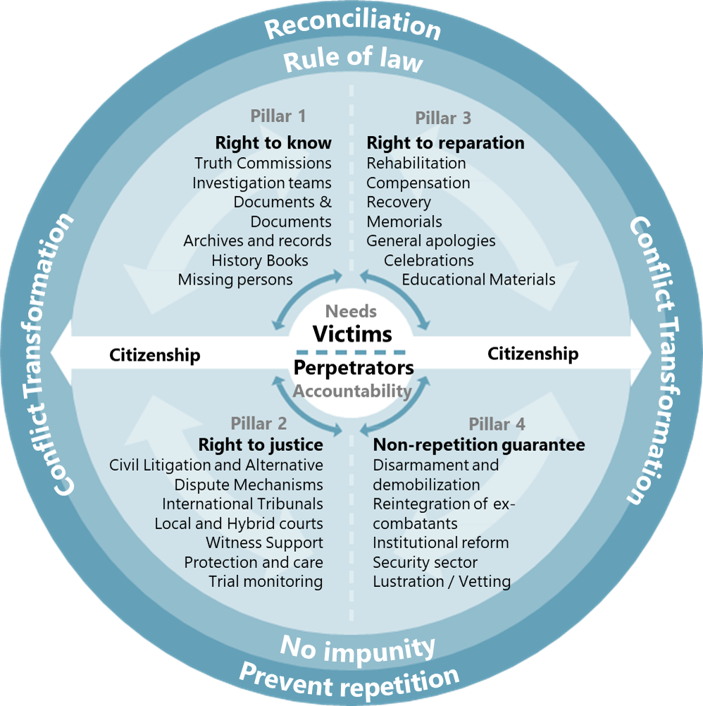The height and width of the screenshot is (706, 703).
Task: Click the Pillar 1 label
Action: pyautogui.click(x=278, y=116)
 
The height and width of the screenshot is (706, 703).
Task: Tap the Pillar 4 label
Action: pyautogui.click(x=497, y=424)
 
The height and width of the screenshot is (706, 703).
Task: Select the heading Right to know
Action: pyautogui.click(x=273, y=143)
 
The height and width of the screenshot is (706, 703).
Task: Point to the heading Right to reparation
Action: pyautogui.click(x=445, y=143)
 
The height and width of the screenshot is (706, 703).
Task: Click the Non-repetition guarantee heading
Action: pyautogui.click(x=479, y=445)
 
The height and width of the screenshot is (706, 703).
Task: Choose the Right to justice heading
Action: pyautogui.click(x=261, y=445)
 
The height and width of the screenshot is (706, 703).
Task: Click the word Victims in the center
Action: pyautogui.click(x=352, y=333)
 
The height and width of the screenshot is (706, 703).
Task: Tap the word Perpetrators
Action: pyautogui.click(x=354, y=368)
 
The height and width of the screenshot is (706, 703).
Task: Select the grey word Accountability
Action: pyautogui.click(x=352, y=391)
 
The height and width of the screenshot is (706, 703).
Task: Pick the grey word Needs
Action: pyautogui.click(x=351, y=311)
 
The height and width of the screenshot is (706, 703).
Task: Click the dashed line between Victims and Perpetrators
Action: pyautogui.click(x=351, y=351)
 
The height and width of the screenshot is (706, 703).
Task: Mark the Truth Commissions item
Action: pyautogui.click(x=263, y=163)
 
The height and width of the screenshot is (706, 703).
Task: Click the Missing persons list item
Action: pyautogui.click(x=235, y=280)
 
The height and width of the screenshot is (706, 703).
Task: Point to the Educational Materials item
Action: pyautogui.click(x=478, y=280)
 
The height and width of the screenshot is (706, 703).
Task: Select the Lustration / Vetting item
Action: pyautogui.click(x=442, y=582)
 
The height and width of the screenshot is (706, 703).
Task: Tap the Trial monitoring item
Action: pyautogui.click(x=266, y=582)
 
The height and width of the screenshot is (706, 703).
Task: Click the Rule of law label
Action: pyautogui.click(x=353, y=60)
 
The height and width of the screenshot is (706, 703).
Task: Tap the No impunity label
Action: pyautogui.click(x=358, y=647)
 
